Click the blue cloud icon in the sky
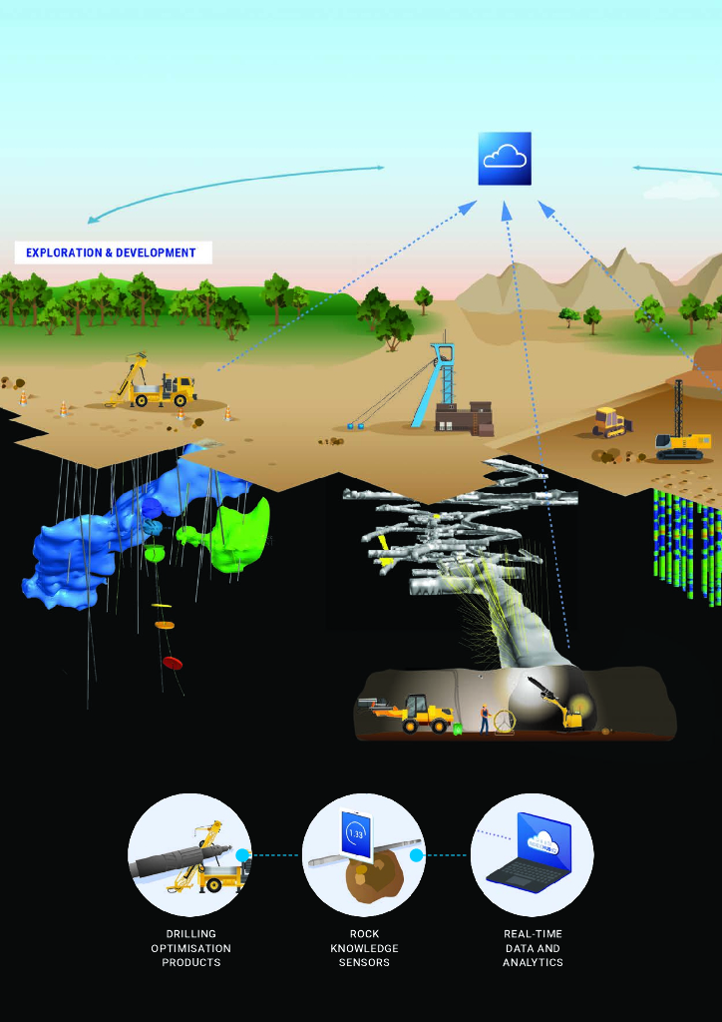pos(504,158)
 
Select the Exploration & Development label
pos(112,253)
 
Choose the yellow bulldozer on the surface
pos(609,422)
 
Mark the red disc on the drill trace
pos(173,663)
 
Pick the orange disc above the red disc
pos(165,625)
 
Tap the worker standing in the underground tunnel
pos(485,718)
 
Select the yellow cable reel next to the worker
pos(505,722)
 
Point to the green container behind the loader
pos(458,729)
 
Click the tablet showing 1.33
pos(355,834)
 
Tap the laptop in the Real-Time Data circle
pos(530,853)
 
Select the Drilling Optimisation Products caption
pos(190,948)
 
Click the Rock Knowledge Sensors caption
pos(364,948)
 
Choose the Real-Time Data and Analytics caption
pos(533,948)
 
